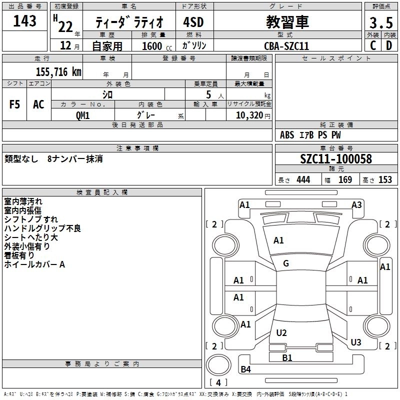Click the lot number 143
coord(24,21)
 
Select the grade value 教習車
coord(287,22)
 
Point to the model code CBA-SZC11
coord(286,45)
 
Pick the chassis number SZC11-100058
coord(336,159)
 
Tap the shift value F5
coord(15,104)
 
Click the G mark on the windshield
coord(286,263)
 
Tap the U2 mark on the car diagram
coord(281,332)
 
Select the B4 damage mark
coord(245,369)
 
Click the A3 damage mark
coord(356,204)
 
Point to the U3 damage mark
coord(356,342)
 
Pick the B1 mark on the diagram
coord(287,357)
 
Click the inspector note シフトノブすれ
coord(31,219)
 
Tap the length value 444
coord(303,180)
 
